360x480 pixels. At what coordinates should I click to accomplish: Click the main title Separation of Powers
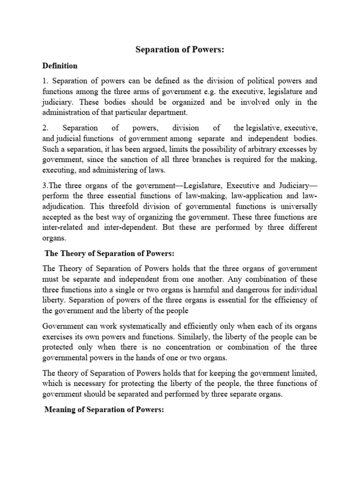tap(180, 50)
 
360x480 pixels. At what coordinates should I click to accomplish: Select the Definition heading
tap(60, 66)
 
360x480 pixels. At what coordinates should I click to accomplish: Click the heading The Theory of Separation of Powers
tap(109, 254)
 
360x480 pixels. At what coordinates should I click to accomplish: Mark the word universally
tap(296, 206)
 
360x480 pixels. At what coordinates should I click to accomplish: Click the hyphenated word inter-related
tap(62, 227)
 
